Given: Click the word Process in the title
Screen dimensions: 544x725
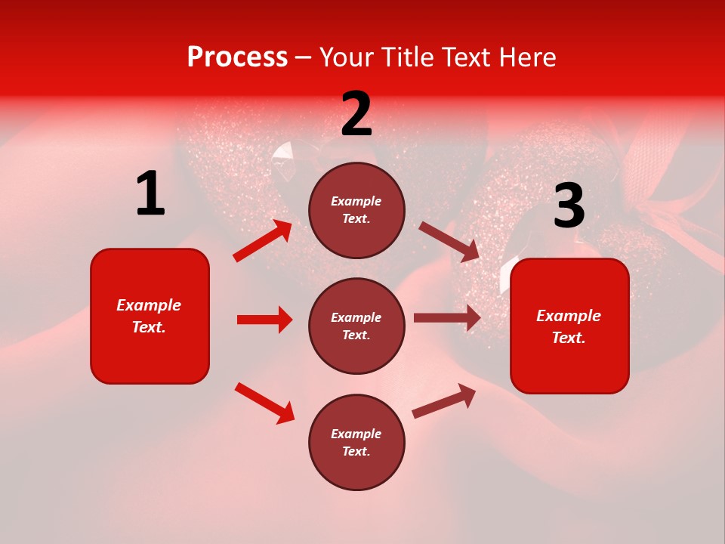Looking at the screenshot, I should (237, 57).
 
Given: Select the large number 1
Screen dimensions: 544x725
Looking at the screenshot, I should (150, 194).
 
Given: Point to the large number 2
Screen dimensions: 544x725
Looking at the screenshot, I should (356, 115).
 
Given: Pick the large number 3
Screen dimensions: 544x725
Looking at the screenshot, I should (569, 207).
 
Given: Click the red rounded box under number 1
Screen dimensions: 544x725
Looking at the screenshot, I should (150, 316).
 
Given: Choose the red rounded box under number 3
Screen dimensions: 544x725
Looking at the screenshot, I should (569, 326).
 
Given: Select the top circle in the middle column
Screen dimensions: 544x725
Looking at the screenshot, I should (356, 210).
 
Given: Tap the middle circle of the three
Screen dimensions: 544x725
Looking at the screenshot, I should (356, 326).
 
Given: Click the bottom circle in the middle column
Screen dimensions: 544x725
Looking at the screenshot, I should (356, 442).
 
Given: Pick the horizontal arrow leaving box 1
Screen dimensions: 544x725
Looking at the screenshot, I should (264, 320).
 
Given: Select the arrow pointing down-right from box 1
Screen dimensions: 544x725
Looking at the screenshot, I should (264, 403).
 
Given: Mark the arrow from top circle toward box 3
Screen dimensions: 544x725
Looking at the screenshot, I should (449, 241).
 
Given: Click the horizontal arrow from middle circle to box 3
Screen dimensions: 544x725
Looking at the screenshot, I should (447, 318).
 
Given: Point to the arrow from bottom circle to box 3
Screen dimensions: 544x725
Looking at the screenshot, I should (444, 400).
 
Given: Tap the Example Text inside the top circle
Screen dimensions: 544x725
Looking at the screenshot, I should (356, 210).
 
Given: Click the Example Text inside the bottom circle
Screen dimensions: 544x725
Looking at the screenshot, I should (356, 442).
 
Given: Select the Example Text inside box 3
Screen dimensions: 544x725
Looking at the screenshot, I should (569, 326).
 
